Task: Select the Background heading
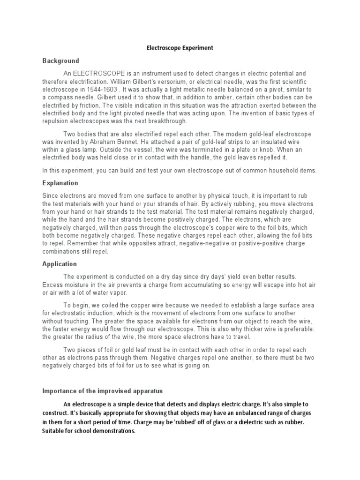[x=61, y=61]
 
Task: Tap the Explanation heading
[x=60, y=183]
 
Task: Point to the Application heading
[x=60, y=264]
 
